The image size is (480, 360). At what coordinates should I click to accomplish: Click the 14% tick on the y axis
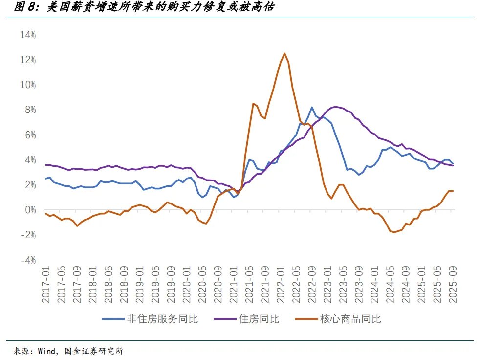[28, 35]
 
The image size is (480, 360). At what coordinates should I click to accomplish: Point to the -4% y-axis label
[27, 260]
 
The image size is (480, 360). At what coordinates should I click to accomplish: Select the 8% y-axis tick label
[29, 110]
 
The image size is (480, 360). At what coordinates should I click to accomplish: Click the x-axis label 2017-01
[46, 284]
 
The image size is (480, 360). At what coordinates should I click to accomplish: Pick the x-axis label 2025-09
[453, 284]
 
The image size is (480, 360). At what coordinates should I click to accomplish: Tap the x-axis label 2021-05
[249, 284]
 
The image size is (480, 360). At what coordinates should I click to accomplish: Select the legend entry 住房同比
[259, 319]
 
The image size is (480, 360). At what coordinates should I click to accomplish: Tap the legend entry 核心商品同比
[350, 319]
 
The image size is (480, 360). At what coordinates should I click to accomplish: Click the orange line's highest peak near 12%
[284, 53]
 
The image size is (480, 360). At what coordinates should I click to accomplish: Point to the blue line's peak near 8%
[312, 107]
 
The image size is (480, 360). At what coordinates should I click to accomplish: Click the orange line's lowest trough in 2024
[394, 232]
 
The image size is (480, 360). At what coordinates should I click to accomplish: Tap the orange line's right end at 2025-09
[453, 191]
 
